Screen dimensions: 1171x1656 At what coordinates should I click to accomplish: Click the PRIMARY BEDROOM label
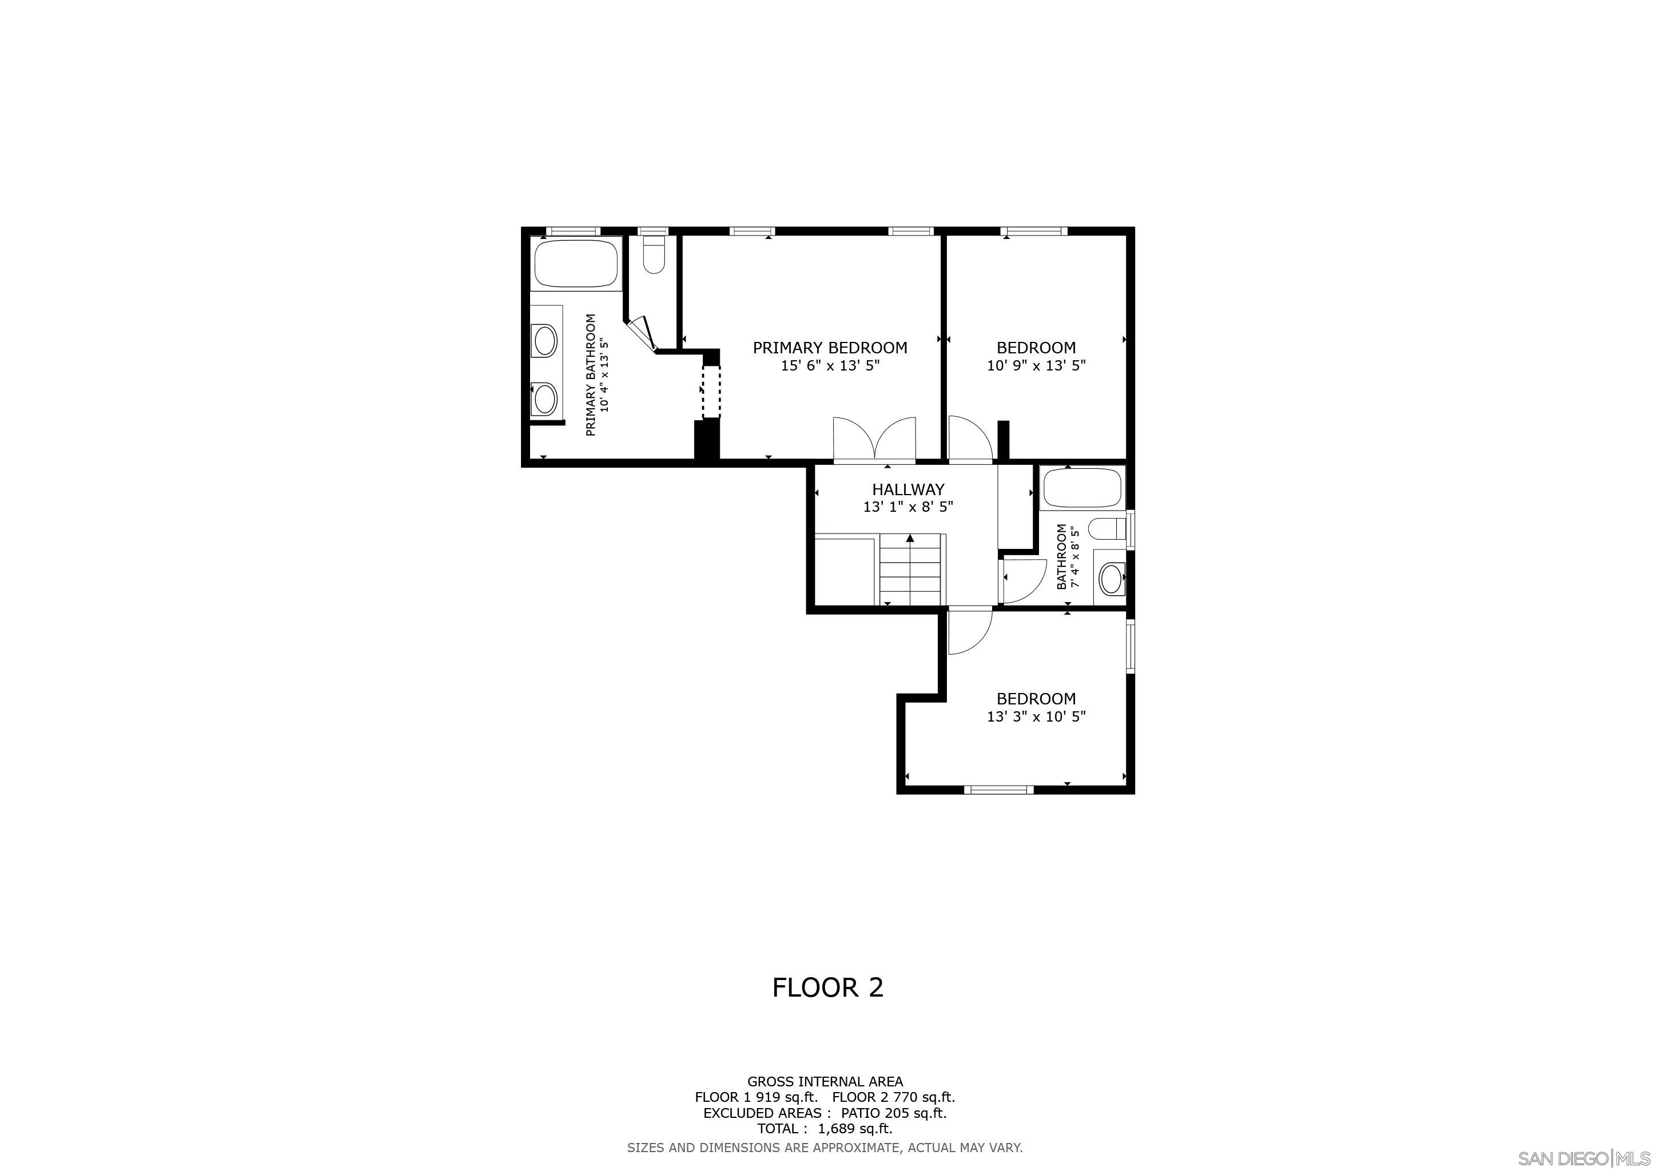point(830,348)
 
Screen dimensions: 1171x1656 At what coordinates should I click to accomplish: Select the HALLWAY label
point(907,489)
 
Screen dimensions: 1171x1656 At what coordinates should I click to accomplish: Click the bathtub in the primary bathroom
point(576,263)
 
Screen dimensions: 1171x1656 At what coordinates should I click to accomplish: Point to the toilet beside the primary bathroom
point(654,256)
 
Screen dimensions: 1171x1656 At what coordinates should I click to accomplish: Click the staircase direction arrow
point(910,538)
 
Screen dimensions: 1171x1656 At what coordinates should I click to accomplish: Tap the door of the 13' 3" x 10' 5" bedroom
point(969,632)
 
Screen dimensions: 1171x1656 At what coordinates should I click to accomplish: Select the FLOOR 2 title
point(827,987)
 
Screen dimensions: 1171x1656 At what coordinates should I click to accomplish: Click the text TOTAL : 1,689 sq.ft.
point(825,1129)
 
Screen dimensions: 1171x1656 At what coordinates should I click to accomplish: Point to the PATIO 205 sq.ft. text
point(893,1113)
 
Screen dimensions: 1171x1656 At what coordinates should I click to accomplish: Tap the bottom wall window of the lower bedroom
point(999,790)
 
